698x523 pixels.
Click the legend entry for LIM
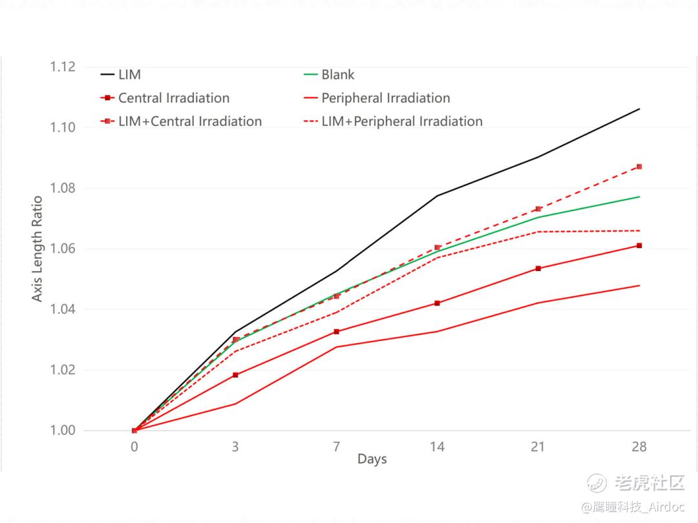click(x=129, y=74)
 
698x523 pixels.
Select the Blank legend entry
click(x=337, y=74)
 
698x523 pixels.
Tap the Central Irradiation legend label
click(x=173, y=98)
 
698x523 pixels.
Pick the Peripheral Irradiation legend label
click(x=385, y=98)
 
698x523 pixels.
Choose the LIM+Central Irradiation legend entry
click(x=189, y=121)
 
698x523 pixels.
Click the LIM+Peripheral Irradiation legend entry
click(x=401, y=121)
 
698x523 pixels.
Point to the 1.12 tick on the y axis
click(x=63, y=67)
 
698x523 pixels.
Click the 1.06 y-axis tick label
click(x=63, y=249)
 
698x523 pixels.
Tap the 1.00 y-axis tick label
click(x=63, y=431)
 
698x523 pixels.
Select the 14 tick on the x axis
click(x=437, y=447)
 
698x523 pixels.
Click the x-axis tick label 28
click(x=639, y=447)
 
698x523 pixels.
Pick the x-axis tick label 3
click(x=235, y=447)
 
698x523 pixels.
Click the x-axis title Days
click(x=372, y=459)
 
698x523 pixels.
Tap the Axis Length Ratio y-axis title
click(x=37, y=249)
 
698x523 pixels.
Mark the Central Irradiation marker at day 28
click(x=639, y=245)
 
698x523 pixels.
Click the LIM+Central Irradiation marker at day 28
click(x=639, y=167)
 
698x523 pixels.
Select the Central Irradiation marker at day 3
click(x=235, y=375)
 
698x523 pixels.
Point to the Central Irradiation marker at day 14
click(x=438, y=303)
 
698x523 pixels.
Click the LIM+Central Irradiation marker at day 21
click(x=538, y=209)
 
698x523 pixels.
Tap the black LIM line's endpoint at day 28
click(x=639, y=109)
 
